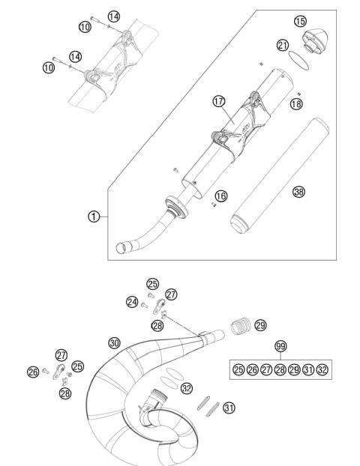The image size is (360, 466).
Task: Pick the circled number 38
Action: [x=298, y=191]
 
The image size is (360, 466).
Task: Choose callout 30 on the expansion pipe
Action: [x=114, y=342]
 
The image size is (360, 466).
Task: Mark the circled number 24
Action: [x=133, y=302]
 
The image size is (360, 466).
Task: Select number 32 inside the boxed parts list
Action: [x=322, y=369]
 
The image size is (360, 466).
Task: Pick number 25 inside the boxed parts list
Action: [x=238, y=369]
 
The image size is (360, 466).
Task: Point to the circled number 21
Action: [x=283, y=45]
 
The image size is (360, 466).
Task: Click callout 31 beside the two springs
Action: [x=229, y=408]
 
